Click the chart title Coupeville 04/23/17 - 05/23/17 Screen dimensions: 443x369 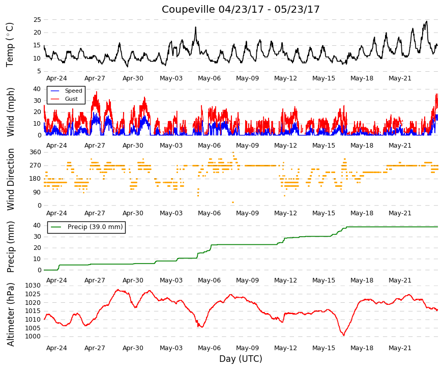[241, 9]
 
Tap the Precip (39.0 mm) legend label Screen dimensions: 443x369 [95, 227]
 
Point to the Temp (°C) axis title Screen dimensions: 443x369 [10, 45]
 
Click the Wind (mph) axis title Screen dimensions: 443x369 [10, 112]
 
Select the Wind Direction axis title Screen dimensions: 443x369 [10, 179]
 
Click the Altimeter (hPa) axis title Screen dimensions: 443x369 [10, 314]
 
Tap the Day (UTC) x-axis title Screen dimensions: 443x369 [241, 359]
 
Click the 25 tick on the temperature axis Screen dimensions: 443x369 [37, 20]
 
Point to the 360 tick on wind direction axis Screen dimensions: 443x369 [36, 152]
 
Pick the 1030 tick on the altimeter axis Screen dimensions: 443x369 [33, 286]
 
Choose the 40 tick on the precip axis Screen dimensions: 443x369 [37, 225]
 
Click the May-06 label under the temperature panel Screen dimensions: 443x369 [209, 78]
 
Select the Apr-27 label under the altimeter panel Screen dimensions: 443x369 [95, 348]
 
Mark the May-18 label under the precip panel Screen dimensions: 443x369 [362, 280]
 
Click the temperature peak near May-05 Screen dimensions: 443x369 [195, 27]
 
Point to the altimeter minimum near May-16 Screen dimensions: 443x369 [344, 335]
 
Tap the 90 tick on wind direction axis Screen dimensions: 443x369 [37, 192]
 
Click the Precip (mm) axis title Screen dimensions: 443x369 [10, 247]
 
